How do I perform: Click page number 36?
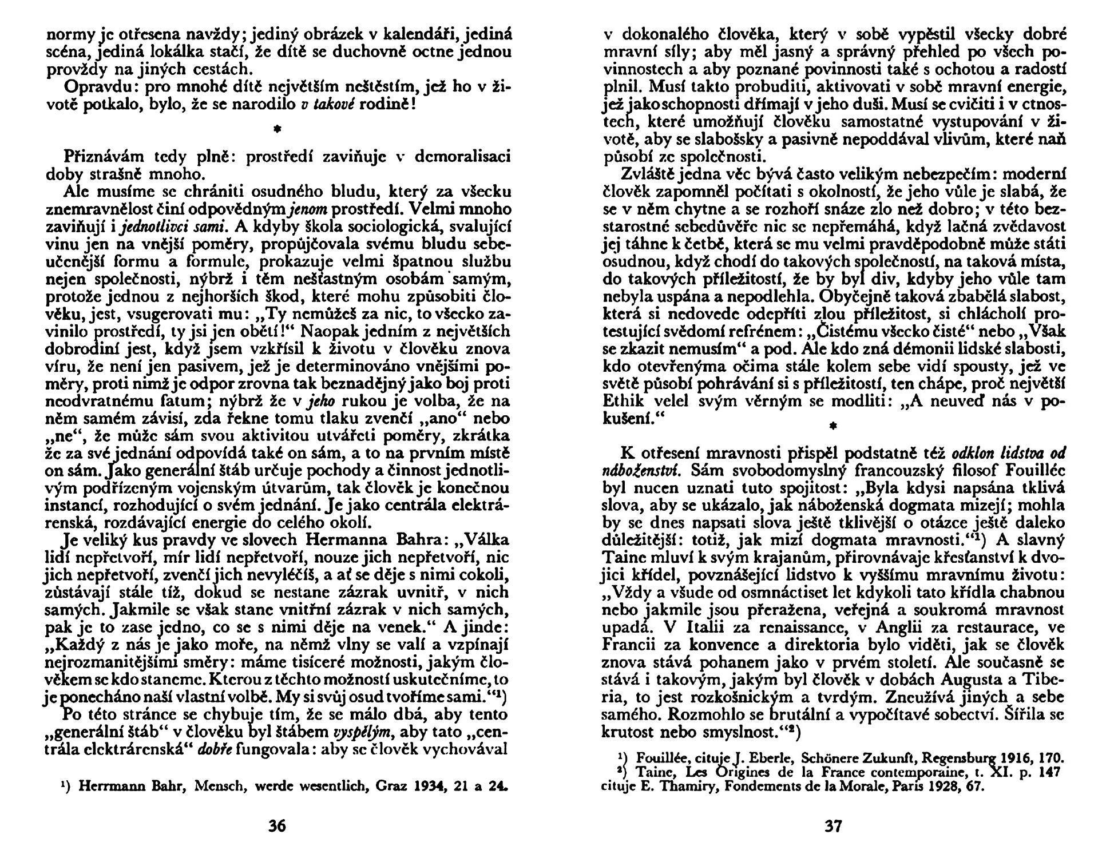click(277, 826)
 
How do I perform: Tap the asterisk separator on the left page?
click(277, 130)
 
